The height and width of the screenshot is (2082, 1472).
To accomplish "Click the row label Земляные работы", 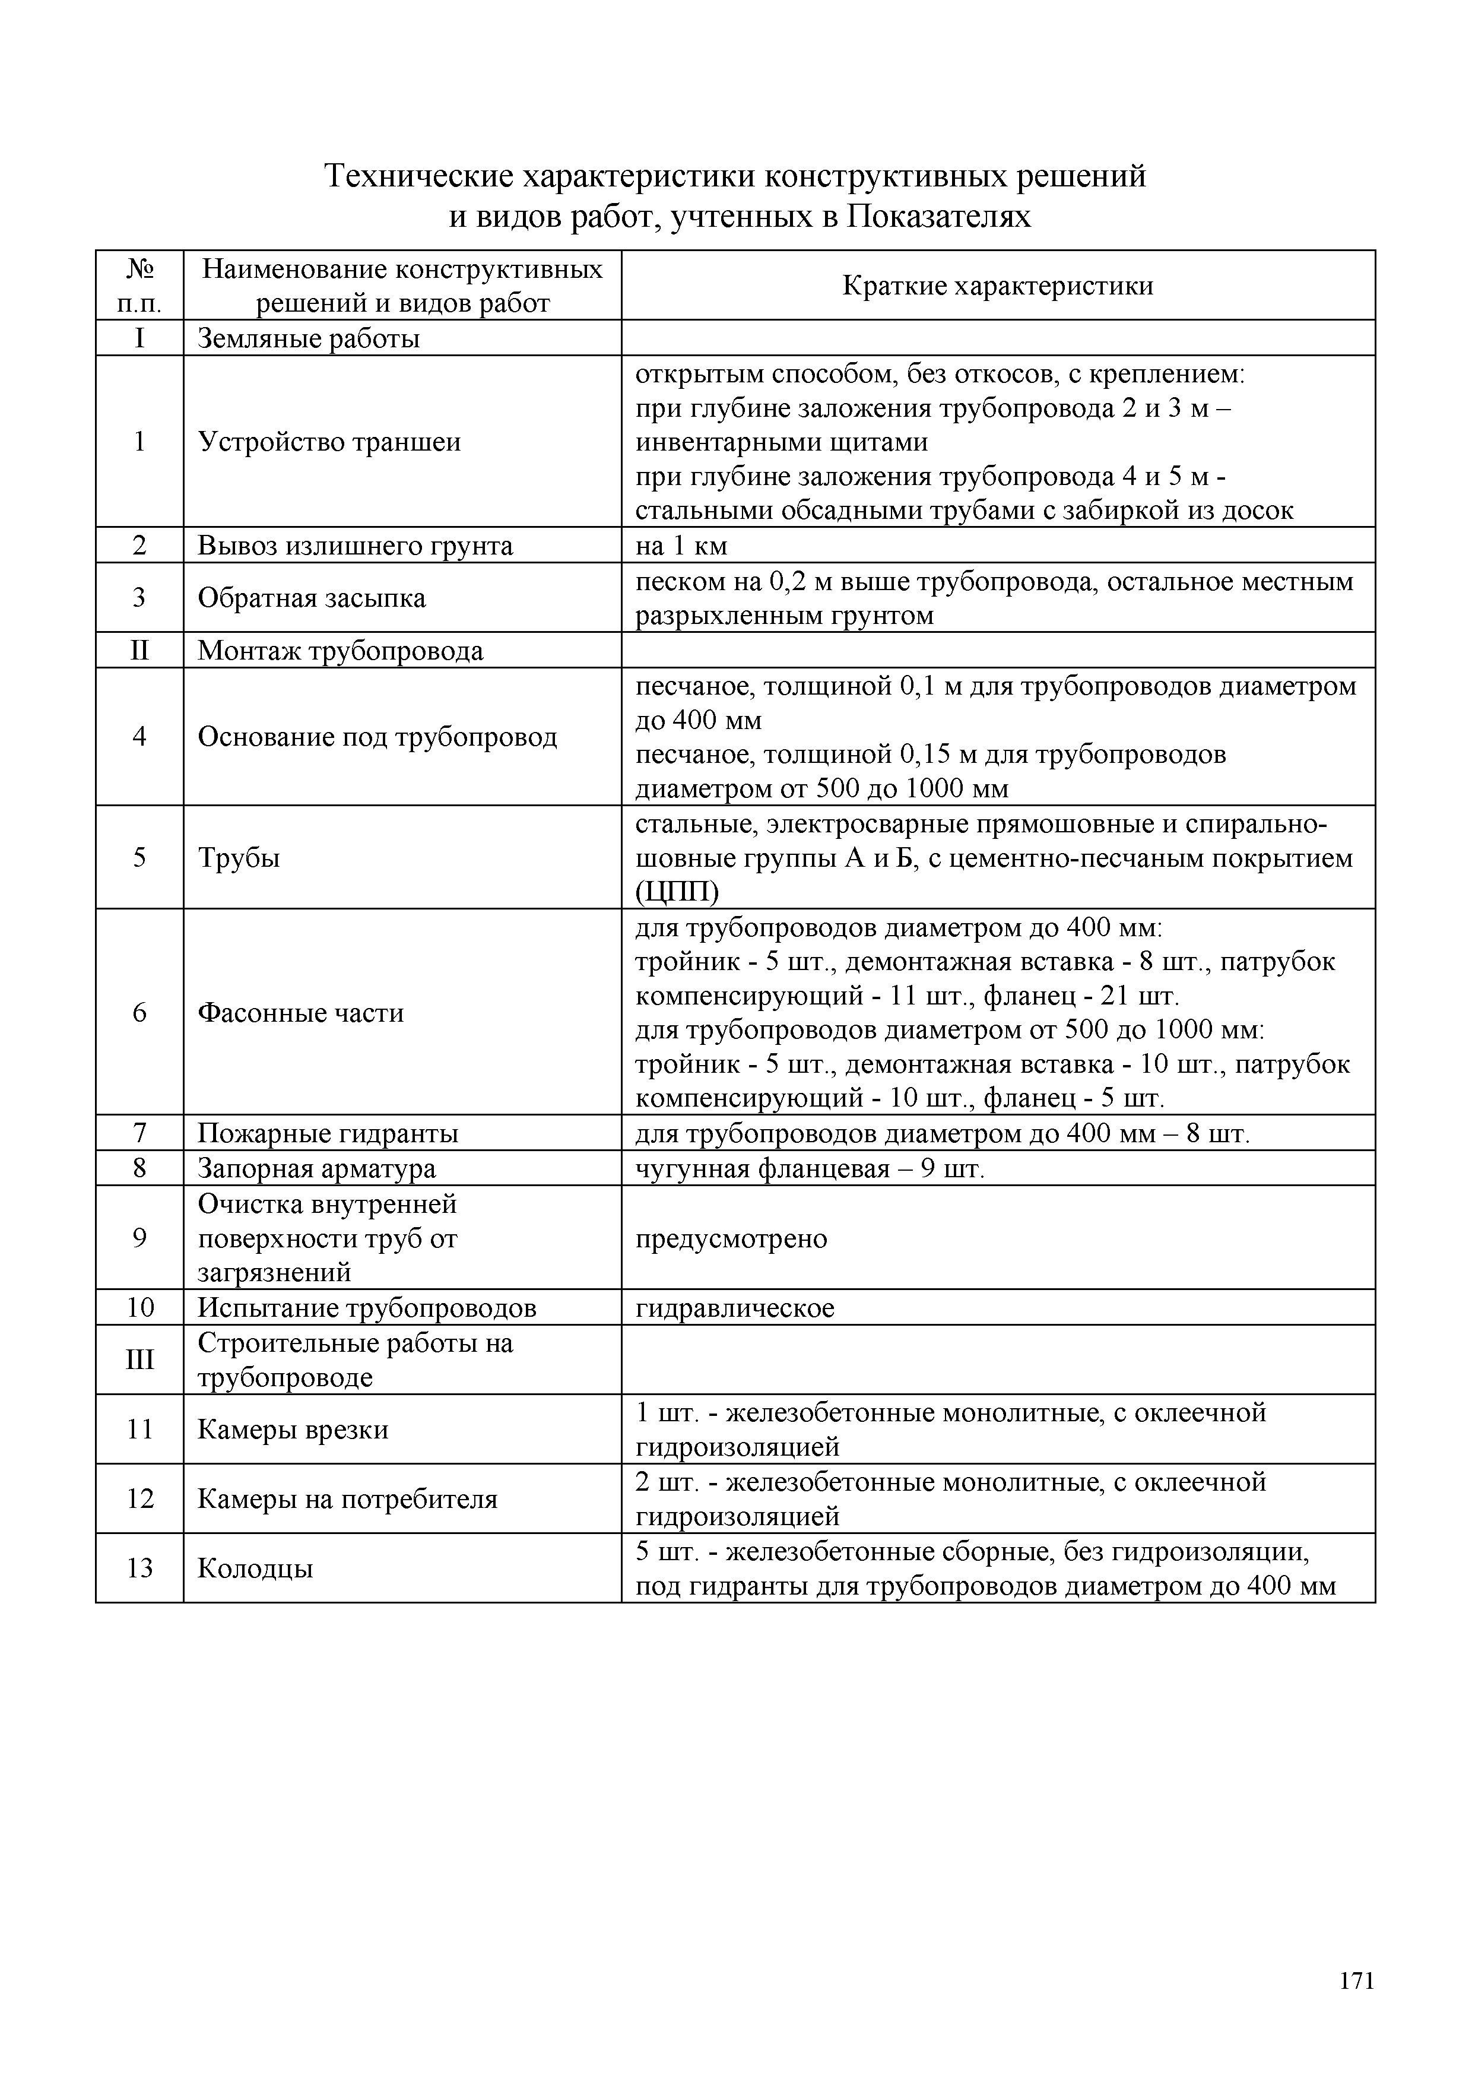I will coord(308,339).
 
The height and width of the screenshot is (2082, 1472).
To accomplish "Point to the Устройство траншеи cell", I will coord(329,442).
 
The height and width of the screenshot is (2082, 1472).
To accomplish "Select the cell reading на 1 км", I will coord(681,546).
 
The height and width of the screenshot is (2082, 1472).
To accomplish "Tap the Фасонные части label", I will coord(300,1013).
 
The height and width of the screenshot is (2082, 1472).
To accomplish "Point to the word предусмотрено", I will coord(731,1238).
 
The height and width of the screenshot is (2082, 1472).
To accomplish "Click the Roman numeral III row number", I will coord(139,1360).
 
